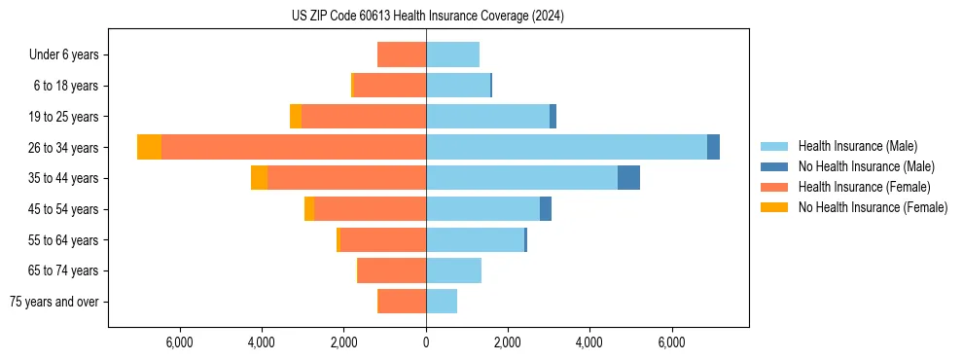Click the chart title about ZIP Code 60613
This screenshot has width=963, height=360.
[x=427, y=16]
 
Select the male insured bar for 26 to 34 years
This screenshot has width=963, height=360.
[x=566, y=147]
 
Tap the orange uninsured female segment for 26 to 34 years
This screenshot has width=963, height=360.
[x=149, y=147]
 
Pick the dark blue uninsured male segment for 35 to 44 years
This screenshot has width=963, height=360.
[x=628, y=178]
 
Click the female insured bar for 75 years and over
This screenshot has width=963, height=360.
[x=402, y=302]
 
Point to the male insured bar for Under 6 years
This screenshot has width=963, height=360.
[x=452, y=54]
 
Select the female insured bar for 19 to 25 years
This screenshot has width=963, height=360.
[x=364, y=117]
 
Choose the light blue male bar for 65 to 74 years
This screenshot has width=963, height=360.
[x=453, y=270]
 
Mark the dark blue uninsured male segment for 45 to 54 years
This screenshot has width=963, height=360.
[x=546, y=209]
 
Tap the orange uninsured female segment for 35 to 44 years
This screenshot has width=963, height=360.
[x=259, y=178]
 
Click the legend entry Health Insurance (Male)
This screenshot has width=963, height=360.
[x=856, y=146]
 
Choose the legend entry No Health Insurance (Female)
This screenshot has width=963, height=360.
[x=873, y=207]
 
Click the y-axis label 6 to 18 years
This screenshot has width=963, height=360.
[x=66, y=86]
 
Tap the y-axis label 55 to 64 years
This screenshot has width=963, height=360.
[x=64, y=240]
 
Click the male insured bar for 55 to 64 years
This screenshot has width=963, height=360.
[x=475, y=240]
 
